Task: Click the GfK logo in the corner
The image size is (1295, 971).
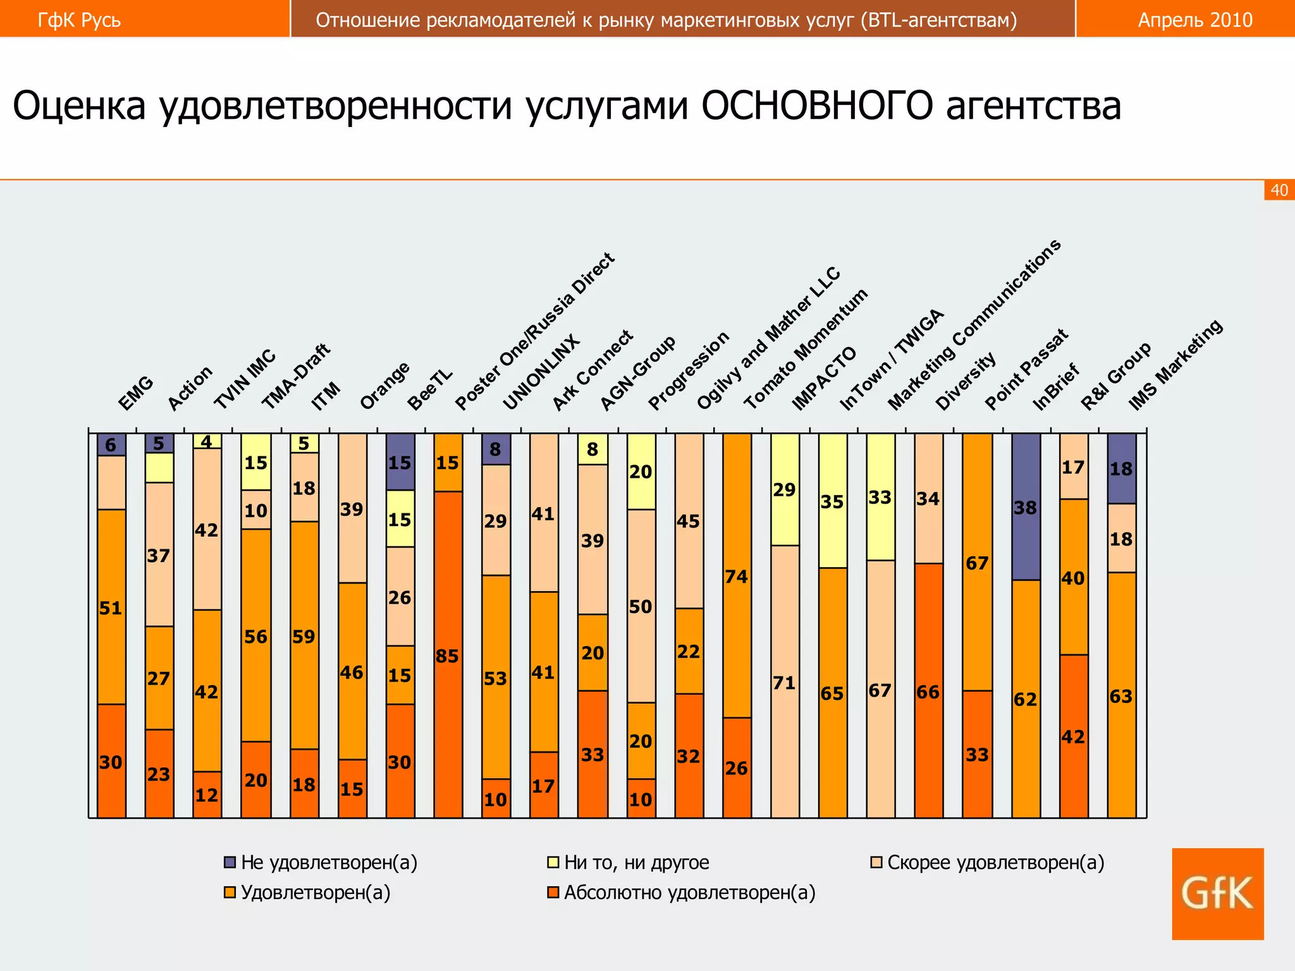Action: [1217, 893]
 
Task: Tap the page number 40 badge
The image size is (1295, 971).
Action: [1279, 190]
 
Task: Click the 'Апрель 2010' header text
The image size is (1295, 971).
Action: [1195, 20]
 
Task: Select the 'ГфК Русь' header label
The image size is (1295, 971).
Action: [79, 20]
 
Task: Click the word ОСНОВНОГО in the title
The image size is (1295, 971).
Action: [816, 106]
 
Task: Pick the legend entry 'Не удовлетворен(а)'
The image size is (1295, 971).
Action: [329, 862]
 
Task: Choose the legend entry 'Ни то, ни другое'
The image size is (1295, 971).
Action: [636, 862]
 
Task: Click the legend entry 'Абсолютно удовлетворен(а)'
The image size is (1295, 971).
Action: [689, 893]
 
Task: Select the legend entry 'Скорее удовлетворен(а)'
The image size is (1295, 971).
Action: [995, 862]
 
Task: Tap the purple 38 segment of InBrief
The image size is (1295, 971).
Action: [1026, 507]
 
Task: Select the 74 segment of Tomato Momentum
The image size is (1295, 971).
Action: [737, 575]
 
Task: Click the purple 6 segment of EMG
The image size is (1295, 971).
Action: [111, 444]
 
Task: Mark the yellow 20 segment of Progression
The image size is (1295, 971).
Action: [641, 472]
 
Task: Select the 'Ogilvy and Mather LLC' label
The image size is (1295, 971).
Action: [768, 338]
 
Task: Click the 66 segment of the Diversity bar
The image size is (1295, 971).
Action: [928, 691]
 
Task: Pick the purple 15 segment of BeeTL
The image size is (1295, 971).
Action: [400, 462]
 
